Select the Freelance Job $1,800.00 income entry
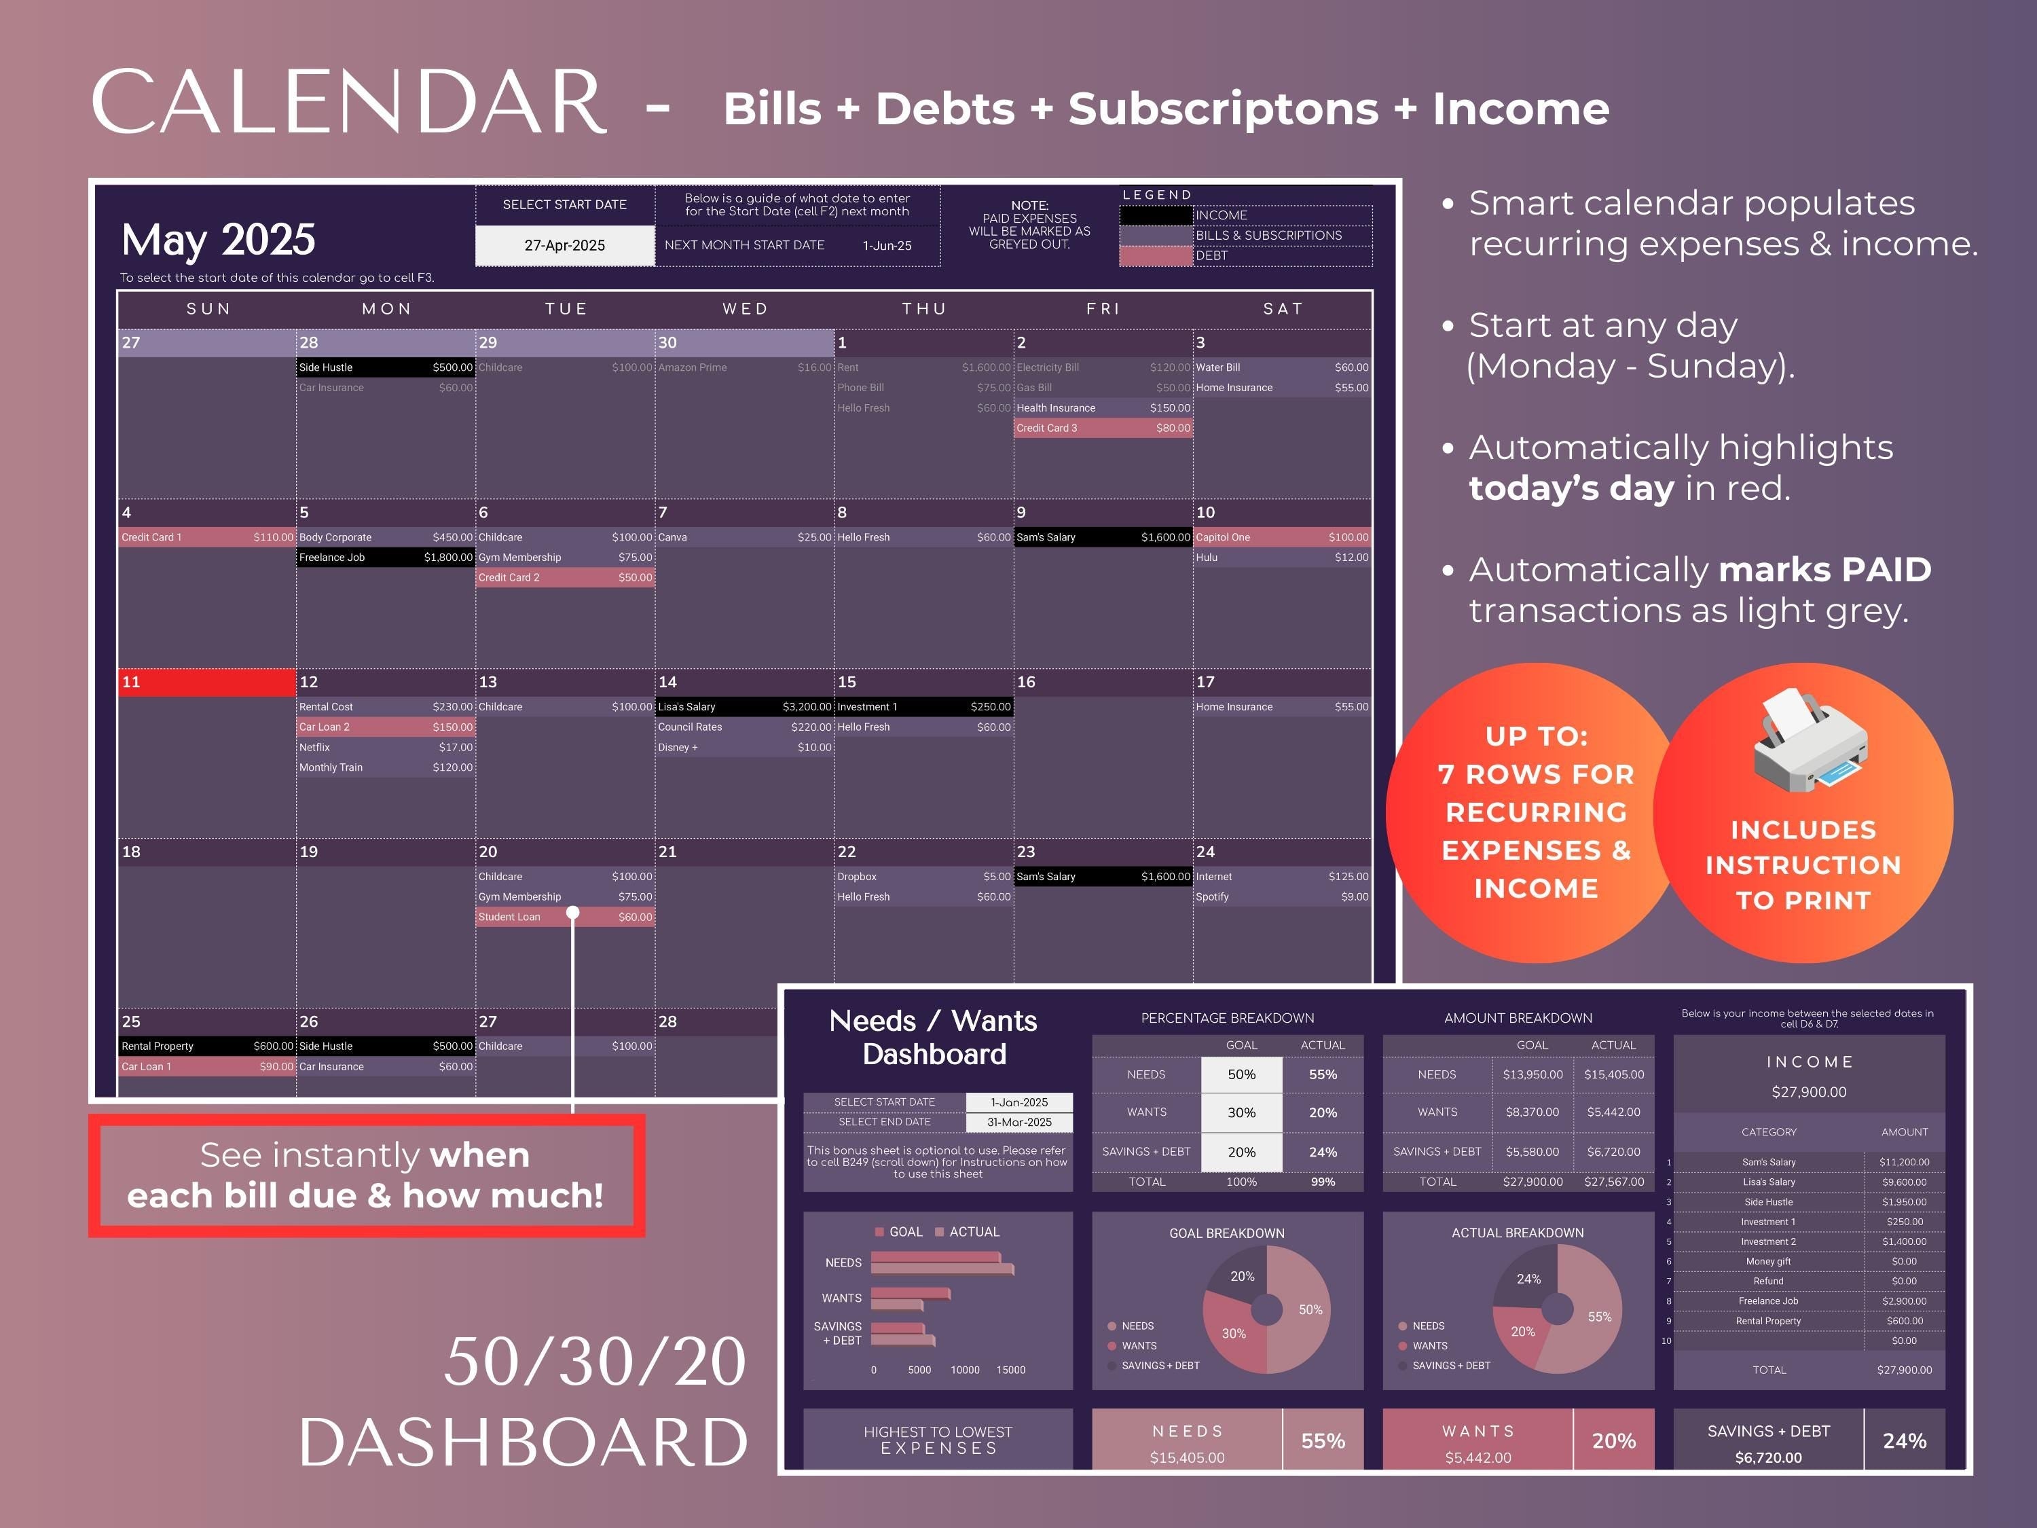385,558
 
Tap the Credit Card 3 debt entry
1102,429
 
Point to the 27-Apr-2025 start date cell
564,246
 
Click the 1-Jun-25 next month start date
887,246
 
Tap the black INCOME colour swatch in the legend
1156,215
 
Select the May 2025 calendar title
218,240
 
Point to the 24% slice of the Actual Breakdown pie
1528,1279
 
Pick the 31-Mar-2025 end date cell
1019,1123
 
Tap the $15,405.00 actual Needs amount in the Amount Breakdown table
1613,1075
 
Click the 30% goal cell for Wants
1241,1112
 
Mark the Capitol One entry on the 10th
1282,537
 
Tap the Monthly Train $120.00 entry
385,767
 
